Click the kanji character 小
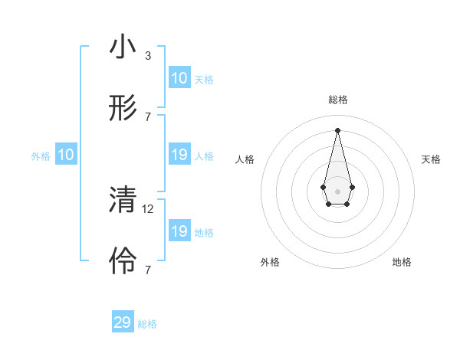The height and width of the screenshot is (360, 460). click(123, 47)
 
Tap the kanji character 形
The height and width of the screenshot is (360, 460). click(123, 108)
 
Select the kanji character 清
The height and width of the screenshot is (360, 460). click(123, 201)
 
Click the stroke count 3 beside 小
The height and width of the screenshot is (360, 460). click(148, 55)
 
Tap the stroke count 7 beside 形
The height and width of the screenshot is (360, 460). click(148, 116)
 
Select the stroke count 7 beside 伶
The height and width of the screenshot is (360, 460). click(148, 270)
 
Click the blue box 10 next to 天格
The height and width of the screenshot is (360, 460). click(179, 78)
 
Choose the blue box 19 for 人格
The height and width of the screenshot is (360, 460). click(179, 155)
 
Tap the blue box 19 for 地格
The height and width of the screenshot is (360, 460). click(179, 231)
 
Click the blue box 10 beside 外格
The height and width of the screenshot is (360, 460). click(66, 155)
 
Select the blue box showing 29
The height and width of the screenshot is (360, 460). click(123, 322)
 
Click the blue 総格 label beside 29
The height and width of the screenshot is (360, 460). click(147, 324)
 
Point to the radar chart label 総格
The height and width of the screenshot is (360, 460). click(338, 100)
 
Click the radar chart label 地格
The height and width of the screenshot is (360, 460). click(402, 262)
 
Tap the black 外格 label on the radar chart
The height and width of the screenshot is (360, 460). click(270, 262)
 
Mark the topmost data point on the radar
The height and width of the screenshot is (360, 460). click(338, 129)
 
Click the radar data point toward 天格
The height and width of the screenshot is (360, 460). click(352, 187)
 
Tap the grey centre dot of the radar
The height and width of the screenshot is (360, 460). click(338, 190)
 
